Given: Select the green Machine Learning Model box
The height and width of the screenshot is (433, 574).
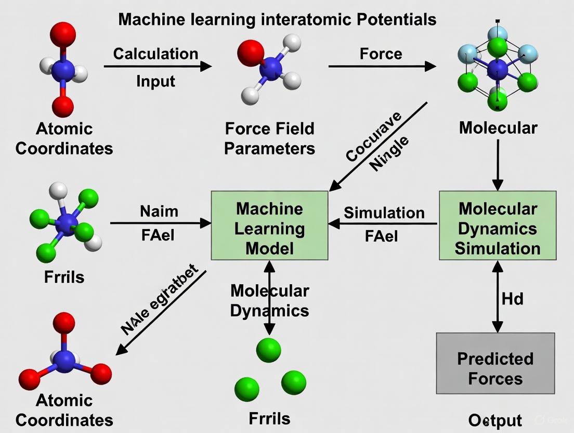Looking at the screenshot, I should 269,225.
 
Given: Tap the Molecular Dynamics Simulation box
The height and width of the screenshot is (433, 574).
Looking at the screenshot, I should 498,225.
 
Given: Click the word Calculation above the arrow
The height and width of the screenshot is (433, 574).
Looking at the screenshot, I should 155,54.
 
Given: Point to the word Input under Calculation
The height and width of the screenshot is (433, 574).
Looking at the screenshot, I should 155,81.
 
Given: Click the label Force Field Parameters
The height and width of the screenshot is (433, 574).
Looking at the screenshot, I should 269,138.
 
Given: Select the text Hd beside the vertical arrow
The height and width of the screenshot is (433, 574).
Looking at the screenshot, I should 512,299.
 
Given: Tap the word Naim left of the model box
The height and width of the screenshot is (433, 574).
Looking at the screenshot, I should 159,211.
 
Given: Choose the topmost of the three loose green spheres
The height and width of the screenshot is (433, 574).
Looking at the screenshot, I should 269,350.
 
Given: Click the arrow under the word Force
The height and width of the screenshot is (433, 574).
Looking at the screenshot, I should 382,66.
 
